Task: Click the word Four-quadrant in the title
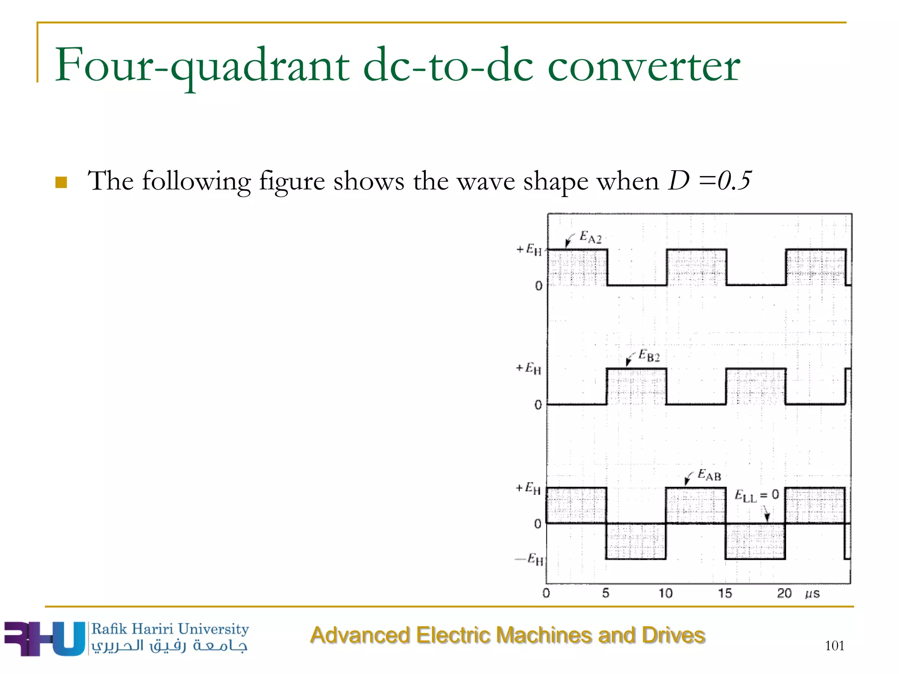coord(202,66)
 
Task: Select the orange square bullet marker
coord(61,182)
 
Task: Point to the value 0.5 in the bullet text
coord(734,180)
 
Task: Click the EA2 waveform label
coord(590,237)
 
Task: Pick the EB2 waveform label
coord(649,355)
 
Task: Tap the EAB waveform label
coord(709,475)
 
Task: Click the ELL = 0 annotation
coord(757,495)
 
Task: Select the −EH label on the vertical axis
coord(530,559)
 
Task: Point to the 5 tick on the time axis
coord(606,593)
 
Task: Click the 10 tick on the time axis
coord(665,593)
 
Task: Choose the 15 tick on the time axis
coord(725,593)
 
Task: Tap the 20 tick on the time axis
coord(784,593)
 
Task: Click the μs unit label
coord(812,594)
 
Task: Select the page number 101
coord(834,645)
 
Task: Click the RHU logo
coord(44,638)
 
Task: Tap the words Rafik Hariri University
coord(170,629)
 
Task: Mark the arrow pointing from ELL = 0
coord(766,513)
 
